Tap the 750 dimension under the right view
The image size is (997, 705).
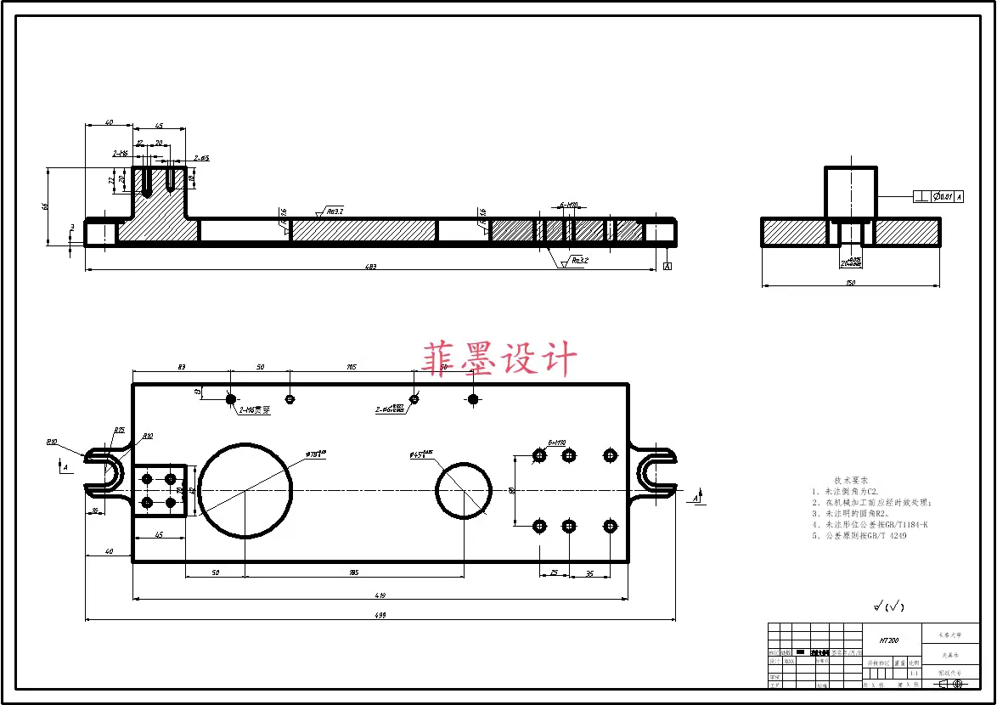(x=850, y=282)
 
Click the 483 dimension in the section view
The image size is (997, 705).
(x=370, y=267)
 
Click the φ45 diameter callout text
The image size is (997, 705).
(x=421, y=455)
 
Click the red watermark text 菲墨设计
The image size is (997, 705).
(x=499, y=358)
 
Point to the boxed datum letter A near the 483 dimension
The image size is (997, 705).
(x=667, y=267)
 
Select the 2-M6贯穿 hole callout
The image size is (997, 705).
(x=254, y=410)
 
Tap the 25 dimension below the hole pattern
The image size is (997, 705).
(x=554, y=573)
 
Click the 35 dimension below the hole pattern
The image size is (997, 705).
(x=589, y=573)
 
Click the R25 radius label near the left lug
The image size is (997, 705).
(x=119, y=431)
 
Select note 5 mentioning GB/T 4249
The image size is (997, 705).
(x=859, y=536)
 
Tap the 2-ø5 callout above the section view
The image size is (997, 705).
(x=201, y=158)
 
